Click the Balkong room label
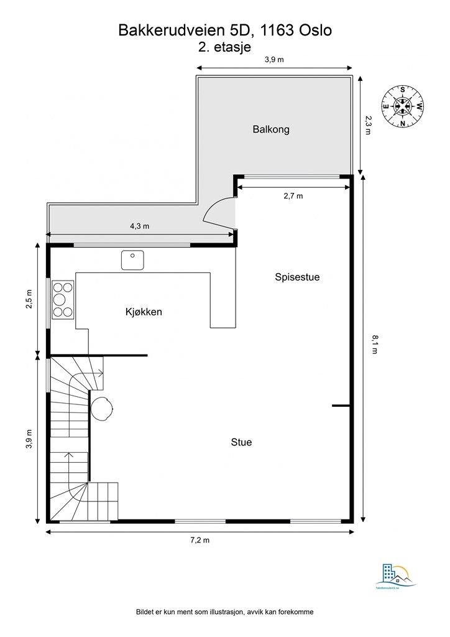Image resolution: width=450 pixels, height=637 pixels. coord(271,130)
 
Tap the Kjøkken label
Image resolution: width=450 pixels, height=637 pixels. coord(144,312)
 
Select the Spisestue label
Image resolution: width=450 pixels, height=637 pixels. coord(297,277)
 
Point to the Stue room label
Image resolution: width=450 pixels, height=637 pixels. coord(241,442)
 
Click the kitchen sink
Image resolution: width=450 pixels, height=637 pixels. coord(132,259)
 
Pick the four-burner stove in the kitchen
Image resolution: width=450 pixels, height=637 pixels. coord(63,299)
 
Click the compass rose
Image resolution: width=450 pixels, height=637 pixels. coord(403,106)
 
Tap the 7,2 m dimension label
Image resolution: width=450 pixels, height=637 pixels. coord(200,540)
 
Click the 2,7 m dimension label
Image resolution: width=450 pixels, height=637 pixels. coord(293,196)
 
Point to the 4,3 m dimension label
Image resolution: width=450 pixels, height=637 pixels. coord(139,226)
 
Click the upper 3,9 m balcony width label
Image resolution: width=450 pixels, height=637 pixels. coord(274,60)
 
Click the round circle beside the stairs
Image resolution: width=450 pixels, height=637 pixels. coord(102,409)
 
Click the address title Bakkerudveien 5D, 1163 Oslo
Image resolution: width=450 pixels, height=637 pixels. coord(224,30)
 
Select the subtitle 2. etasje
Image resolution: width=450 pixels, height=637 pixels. coord(224,46)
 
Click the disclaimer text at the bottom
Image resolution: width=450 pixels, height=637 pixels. coord(224,612)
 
